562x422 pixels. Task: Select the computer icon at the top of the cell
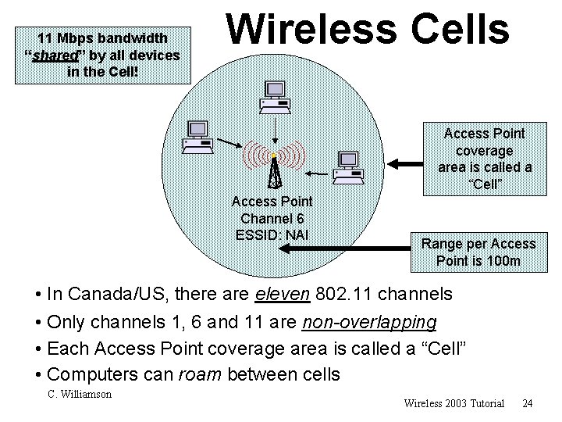pos(275,95)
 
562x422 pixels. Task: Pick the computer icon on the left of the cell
pos(196,137)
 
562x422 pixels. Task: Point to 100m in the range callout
pos(503,260)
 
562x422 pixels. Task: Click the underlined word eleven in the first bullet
pos(283,295)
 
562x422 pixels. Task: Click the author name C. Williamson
pos(80,394)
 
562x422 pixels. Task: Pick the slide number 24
pos(527,403)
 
